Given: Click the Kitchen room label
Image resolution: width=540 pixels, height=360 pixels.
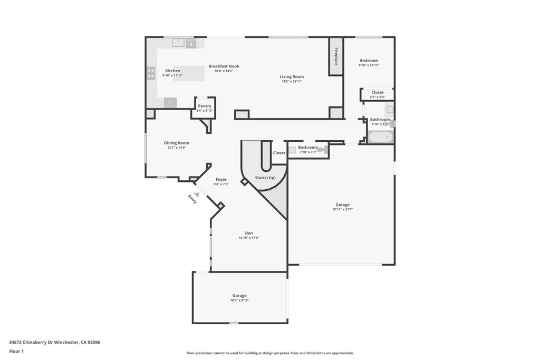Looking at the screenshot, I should pos(172,71).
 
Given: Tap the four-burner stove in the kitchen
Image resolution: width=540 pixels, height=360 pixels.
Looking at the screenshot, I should pos(151,73).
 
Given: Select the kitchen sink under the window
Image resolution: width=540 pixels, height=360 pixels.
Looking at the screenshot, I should pos(178,43).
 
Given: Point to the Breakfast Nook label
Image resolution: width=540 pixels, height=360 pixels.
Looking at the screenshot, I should pos(224,66).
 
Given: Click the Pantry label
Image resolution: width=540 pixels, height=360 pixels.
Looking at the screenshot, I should pos(205,106).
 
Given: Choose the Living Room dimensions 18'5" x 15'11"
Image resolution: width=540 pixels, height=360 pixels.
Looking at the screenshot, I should pos(292,82).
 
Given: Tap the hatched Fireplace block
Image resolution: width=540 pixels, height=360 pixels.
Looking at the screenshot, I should pos(336,56).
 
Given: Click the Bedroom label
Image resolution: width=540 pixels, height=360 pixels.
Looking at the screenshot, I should pos(369,61).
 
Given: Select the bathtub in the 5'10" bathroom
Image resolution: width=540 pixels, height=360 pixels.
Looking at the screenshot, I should pos(380,138).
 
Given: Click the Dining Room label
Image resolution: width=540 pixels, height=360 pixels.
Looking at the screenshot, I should pos(176,143).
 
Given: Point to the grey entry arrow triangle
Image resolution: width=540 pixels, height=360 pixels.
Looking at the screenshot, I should pos(196,194).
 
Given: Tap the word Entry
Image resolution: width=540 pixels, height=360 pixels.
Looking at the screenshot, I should pos(192,199).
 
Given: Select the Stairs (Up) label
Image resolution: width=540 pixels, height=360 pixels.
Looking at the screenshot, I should pos(265,178).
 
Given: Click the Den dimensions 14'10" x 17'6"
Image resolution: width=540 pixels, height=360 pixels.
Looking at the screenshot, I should pos(249,238).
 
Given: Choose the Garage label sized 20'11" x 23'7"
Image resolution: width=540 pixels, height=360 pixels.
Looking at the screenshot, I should pos(342,209).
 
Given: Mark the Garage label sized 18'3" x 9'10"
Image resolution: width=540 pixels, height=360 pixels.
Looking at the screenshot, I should pos(239,300).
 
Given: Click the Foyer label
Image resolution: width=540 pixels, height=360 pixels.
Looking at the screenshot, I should pos(220,180).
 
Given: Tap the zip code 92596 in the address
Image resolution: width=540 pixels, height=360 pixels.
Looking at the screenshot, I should pos(94,342).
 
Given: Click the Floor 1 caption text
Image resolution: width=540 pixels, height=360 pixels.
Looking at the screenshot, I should pos(16,351).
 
